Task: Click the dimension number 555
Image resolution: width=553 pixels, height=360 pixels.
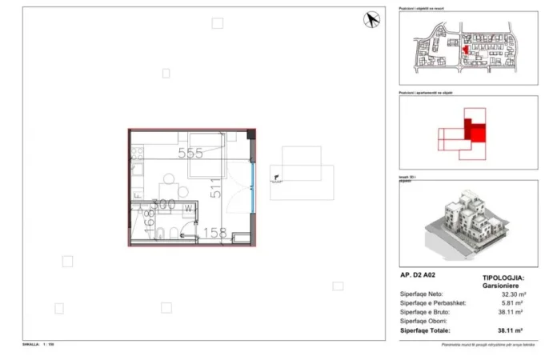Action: point(190,154)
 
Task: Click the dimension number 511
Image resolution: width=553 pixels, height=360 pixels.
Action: point(215,188)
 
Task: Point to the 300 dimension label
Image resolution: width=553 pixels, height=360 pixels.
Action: point(163,204)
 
